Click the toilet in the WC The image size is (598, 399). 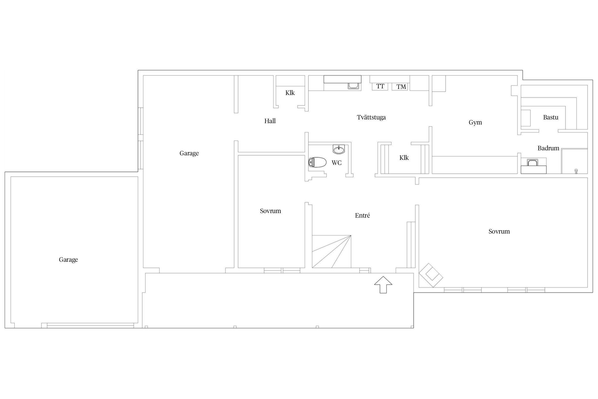pyautogui.click(x=317, y=162)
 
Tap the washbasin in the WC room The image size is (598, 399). pyautogui.click(x=339, y=149)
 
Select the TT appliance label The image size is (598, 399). pyautogui.click(x=380, y=86)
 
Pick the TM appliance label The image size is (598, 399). pyautogui.click(x=401, y=87)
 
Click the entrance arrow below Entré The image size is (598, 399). pyautogui.click(x=383, y=285)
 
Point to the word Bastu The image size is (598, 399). pyautogui.click(x=551, y=117)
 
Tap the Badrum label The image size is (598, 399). pyautogui.click(x=548, y=148)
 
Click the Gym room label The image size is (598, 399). pyautogui.click(x=475, y=123)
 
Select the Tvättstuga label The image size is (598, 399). pyautogui.click(x=371, y=117)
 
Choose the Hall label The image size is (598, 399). pyautogui.click(x=270, y=121)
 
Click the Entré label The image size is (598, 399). pyautogui.click(x=362, y=215)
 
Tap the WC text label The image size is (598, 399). pyautogui.click(x=336, y=163)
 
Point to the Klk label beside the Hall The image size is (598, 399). pyautogui.click(x=290, y=93)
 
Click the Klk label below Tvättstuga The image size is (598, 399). pyautogui.click(x=404, y=158)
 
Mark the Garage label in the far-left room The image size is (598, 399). pyautogui.click(x=68, y=260)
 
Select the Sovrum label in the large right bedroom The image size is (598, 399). pyautogui.click(x=499, y=231)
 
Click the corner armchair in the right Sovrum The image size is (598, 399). pyautogui.click(x=431, y=275)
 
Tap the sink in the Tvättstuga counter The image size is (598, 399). pyautogui.click(x=354, y=86)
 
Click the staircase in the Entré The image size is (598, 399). pyautogui.click(x=331, y=251)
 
